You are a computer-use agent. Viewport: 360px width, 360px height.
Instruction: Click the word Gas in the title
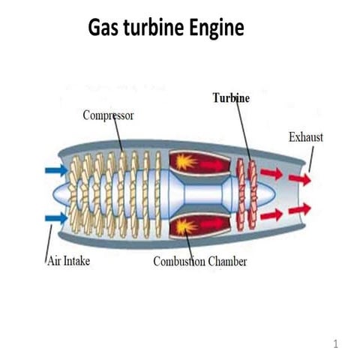click(x=107, y=28)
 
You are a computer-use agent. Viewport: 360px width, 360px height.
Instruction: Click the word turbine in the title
click(x=158, y=28)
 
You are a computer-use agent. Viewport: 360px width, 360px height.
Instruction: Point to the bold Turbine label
click(x=231, y=98)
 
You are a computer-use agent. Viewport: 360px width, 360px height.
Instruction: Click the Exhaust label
click(x=306, y=136)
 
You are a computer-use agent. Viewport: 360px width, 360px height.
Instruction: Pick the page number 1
click(x=336, y=344)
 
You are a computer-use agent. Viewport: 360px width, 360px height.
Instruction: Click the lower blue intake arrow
click(x=55, y=218)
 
